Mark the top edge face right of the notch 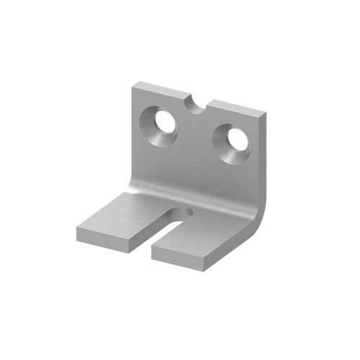click(234, 109)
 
